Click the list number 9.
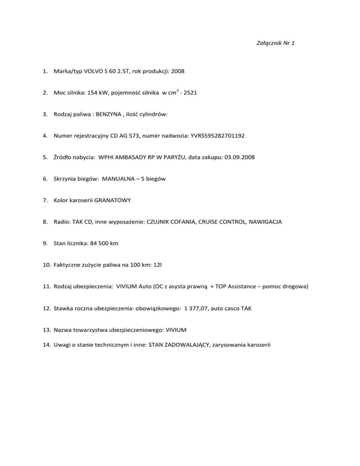pyautogui.click(x=45, y=244)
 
